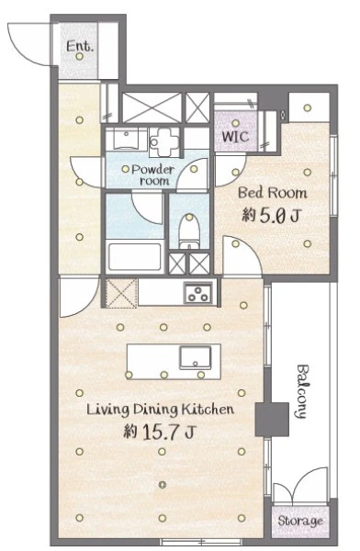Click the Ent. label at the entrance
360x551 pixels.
point(80,46)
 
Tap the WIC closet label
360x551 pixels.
point(235,136)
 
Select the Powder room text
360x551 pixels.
point(153,175)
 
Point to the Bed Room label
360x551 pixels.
point(273,193)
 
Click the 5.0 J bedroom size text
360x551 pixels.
point(271,215)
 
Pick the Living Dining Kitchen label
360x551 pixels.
point(160,410)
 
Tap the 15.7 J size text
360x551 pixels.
point(160,432)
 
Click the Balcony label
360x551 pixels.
point(302,391)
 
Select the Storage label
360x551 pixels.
point(300,521)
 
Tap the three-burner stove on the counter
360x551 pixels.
point(198,293)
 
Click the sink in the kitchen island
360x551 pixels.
point(196,357)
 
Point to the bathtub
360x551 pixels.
point(135,256)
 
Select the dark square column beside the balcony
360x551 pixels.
point(272,420)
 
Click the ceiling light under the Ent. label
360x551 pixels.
point(80,56)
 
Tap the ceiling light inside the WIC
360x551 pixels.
point(235,123)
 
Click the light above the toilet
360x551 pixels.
point(189,217)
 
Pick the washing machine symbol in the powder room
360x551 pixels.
point(164,142)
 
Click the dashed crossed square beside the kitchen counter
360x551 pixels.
point(121,294)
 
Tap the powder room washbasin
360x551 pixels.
point(126,140)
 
